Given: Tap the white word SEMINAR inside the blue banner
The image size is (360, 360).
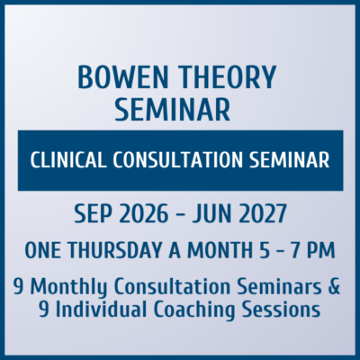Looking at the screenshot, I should point(286,160).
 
